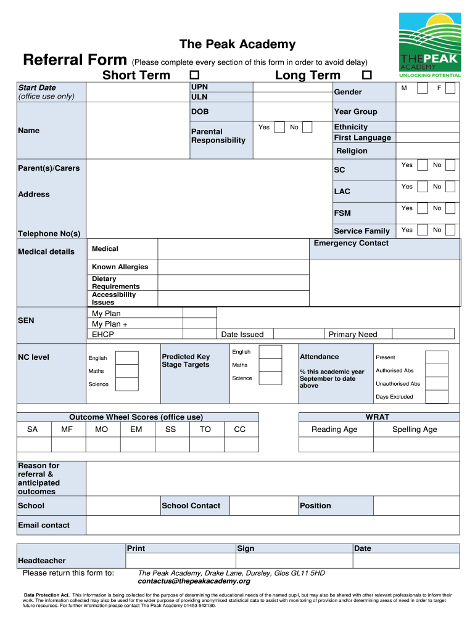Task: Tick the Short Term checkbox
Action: point(195,75)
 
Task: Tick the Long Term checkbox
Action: point(367,75)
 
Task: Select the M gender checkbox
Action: point(422,89)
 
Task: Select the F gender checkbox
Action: point(450,89)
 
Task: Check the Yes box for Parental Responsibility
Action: point(279,128)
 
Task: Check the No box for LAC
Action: point(450,187)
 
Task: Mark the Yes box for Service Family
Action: point(422,230)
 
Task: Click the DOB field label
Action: point(200,112)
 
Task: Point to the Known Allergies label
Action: point(120,267)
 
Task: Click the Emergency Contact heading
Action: point(351,243)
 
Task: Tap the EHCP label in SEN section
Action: point(103,335)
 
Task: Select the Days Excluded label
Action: point(394,397)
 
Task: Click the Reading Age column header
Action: point(334,429)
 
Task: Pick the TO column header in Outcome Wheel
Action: point(205,429)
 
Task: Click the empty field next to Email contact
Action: point(272,525)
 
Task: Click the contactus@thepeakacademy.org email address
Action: point(194,581)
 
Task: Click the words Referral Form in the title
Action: point(75,60)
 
